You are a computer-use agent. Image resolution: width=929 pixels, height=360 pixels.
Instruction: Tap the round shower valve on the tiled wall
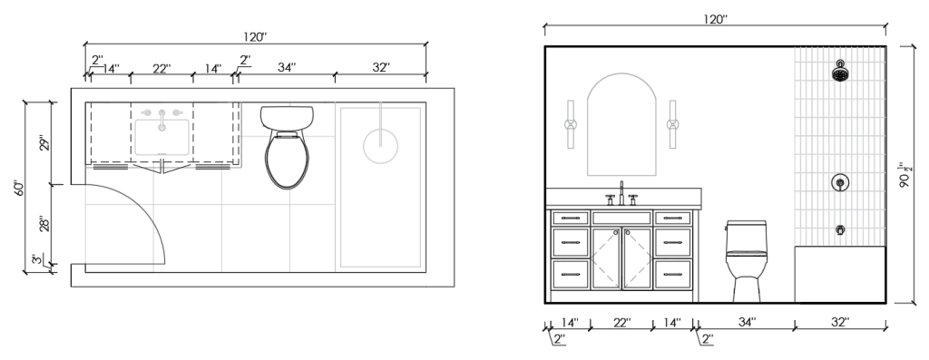coord(839,183)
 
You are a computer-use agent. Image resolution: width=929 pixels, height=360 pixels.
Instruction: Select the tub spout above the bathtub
coord(840,229)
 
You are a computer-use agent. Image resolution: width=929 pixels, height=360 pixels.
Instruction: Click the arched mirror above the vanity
coord(621,124)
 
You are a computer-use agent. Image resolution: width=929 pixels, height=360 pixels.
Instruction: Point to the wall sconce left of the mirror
coord(570,124)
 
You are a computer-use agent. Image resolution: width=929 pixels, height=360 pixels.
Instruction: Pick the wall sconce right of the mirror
coord(672,124)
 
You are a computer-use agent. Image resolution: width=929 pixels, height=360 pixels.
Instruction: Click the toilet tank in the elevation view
coord(746,235)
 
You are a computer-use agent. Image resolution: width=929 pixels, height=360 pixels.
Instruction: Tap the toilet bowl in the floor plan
coord(287,159)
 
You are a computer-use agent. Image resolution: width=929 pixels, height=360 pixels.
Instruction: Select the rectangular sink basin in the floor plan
coord(161,137)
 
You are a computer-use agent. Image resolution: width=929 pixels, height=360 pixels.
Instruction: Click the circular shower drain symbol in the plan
coord(380,146)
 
